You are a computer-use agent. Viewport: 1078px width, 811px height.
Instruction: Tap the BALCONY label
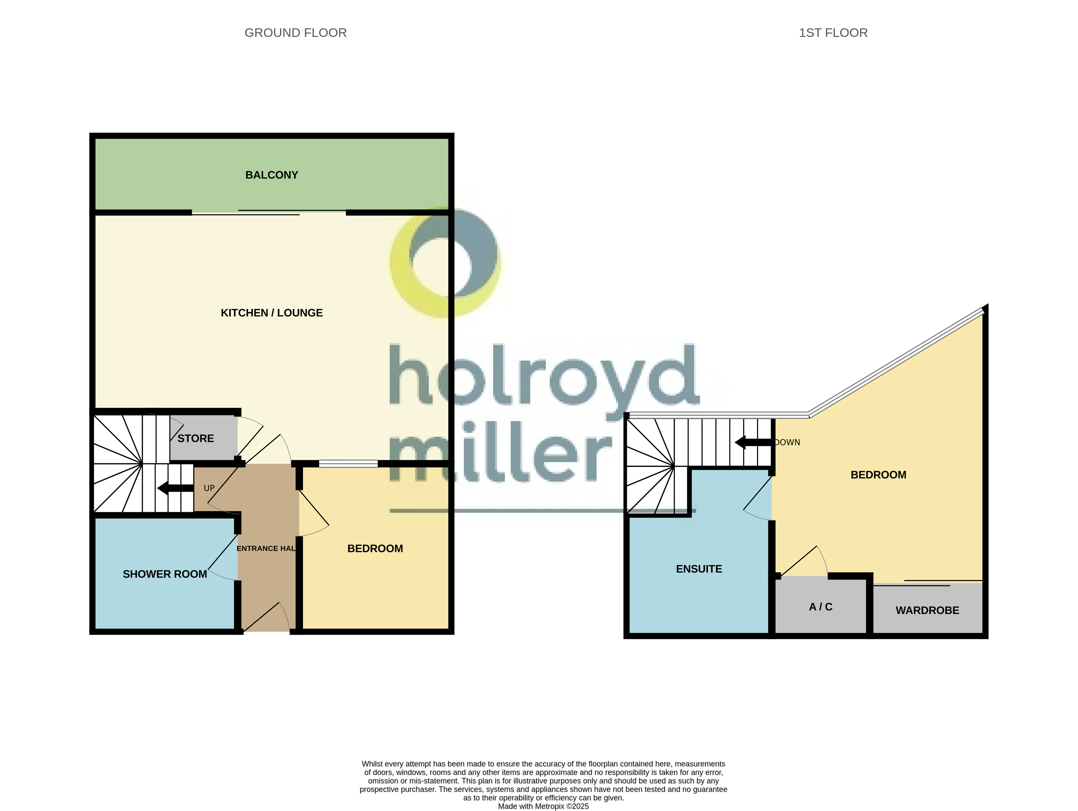[271, 175]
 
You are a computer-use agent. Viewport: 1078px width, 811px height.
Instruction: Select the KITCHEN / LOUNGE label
[271, 313]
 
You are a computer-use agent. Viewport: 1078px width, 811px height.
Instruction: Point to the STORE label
[195, 438]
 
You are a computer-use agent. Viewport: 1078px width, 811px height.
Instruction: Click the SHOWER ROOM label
[165, 574]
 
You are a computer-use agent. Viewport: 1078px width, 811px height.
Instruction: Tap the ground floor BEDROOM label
[375, 549]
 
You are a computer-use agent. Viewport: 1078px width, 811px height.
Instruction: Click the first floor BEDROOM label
[878, 475]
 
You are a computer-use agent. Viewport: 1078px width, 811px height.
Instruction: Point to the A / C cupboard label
[821, 607]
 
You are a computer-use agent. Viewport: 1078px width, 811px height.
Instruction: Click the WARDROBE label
[927, 610]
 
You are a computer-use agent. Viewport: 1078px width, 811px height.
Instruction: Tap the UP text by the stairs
[209, 488]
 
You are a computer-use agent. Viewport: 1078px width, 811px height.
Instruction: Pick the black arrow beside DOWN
[753, 442]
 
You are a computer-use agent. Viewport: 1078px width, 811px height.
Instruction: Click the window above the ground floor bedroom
[348, 464]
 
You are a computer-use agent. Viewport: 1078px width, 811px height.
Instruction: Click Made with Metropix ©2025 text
[543, 806]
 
